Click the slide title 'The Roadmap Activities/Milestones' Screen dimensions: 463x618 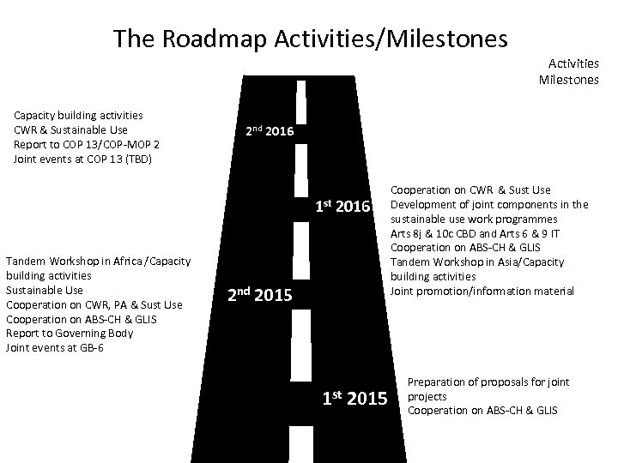pos(310,39)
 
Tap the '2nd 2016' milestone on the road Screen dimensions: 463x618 pos(270,132)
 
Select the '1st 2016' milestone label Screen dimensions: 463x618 pos(342,207)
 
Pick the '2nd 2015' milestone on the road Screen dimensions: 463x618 pos(260,296)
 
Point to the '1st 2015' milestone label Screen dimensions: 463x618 pos(354,398)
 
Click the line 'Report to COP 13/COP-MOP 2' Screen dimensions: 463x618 pos(86,145)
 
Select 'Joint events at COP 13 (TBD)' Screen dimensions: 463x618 pos(82,159)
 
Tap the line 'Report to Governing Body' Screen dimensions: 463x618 pos(70,334)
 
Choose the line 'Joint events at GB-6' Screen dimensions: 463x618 pos(54,347)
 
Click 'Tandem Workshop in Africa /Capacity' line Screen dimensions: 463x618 pos(98,262)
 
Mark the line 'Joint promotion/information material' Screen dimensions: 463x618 pos(482,291)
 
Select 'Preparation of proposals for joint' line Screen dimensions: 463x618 pos(488,382)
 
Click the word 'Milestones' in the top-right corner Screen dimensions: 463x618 pos(568,81)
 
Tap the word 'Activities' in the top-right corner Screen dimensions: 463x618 pos(573,63)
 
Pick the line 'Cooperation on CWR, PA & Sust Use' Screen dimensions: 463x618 pos(94,304)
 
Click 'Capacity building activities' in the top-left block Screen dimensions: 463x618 pos(78,115)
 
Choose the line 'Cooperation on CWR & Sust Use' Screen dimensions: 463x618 pos(470,189)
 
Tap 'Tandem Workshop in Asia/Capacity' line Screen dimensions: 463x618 pos(477,262)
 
